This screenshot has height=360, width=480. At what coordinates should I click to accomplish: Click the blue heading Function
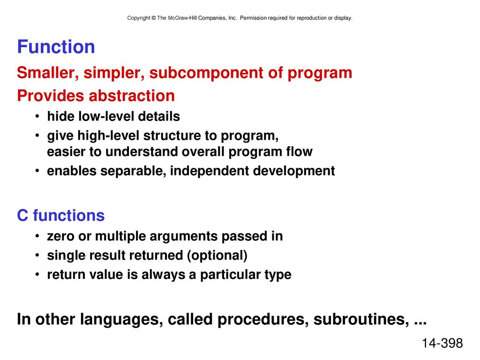pos(56,47)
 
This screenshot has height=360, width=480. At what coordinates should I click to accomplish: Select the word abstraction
pos(132,96)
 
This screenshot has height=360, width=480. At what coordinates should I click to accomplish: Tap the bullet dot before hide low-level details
pos(37,116)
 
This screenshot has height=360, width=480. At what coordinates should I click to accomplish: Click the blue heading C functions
pos(60,215)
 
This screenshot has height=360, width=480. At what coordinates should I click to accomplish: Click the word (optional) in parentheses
pos(217,255)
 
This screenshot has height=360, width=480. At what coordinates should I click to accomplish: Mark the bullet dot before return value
pos(37,274)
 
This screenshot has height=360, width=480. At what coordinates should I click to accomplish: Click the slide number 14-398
pos(442,343)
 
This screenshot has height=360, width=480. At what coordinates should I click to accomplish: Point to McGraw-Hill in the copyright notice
pos(182,18)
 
